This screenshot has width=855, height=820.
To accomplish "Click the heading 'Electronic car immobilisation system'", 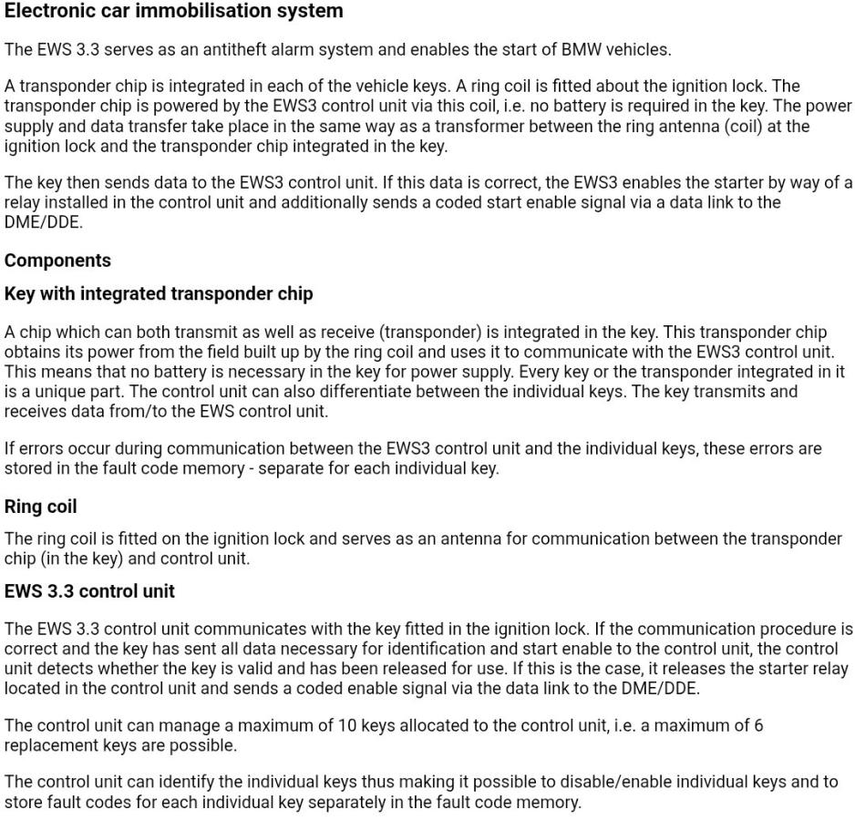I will [173, 12].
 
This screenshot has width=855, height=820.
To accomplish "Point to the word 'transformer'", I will [434, 127].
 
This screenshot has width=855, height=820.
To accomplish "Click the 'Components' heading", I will [57, 261].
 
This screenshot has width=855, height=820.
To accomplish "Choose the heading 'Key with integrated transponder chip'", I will [159, 293].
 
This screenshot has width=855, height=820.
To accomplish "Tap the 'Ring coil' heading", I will [40, 507].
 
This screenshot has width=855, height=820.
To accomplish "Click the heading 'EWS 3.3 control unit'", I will [89, 591].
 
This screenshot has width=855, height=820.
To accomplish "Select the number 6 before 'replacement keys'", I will [758, 726].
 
